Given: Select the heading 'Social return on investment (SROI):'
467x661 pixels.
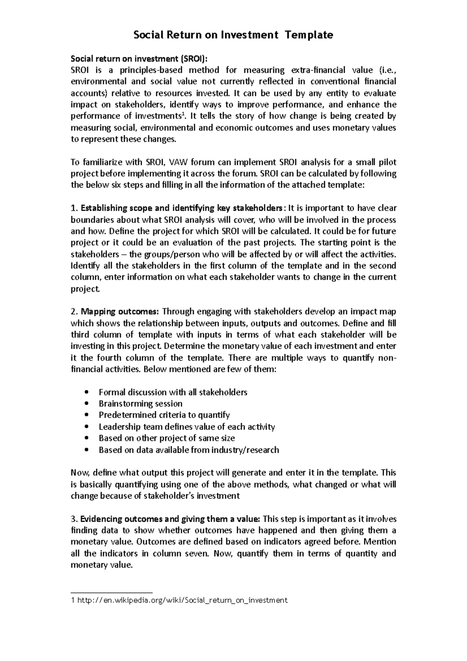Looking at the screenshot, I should pos(139,59).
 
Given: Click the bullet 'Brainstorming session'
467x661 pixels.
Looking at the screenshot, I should pos(140,403).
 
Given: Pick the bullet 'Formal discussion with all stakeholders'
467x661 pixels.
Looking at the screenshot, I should pos(173,392).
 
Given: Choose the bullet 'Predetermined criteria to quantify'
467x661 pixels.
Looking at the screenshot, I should pos(164,415).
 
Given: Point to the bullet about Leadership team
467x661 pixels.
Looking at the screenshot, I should pos(186,427).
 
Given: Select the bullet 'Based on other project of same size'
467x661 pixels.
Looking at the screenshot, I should pos(167,438).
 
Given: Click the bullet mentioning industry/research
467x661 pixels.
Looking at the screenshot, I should pos(189,450).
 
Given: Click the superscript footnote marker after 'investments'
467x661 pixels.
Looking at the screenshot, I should pos(183,114).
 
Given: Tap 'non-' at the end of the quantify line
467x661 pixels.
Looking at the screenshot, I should pos(387,358).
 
